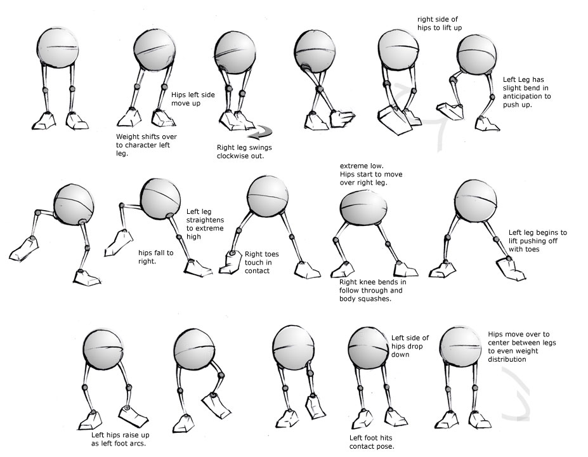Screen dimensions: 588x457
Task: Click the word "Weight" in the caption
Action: point(127,136)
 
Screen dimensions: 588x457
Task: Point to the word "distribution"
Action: point(507,359)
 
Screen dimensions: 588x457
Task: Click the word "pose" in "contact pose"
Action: point(384,446)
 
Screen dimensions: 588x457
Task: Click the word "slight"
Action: point(514,88)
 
